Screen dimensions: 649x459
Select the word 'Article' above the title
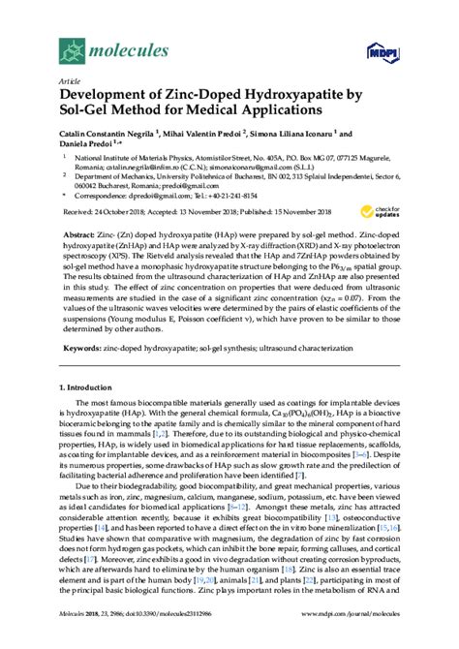coord(70,82)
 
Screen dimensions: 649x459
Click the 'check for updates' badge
coord(382,210)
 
